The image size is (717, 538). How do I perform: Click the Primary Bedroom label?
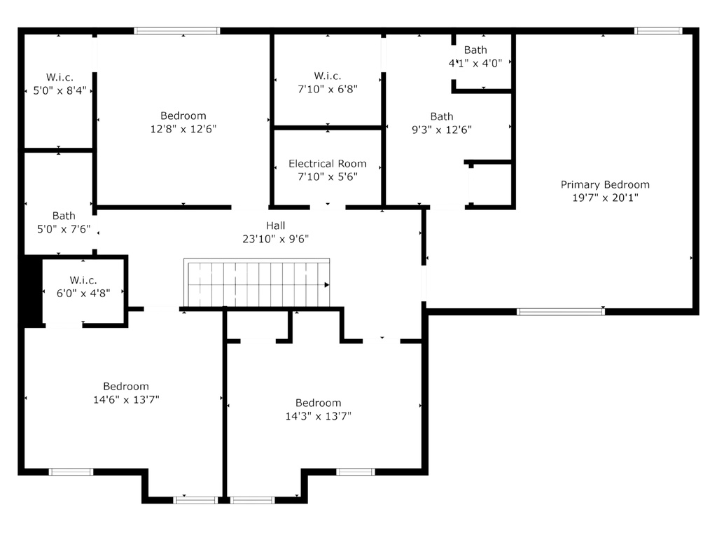(605, 185)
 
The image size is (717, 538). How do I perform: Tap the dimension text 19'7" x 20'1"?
(605, 198)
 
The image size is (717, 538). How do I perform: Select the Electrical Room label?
(328, 164)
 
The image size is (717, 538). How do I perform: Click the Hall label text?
(275, 226)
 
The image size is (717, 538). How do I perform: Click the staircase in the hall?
(256, 283)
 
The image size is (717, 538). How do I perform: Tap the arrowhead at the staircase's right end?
(326, 285)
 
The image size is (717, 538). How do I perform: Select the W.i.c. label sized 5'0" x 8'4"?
(60, 77)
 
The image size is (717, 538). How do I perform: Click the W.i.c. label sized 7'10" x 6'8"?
(328, 76)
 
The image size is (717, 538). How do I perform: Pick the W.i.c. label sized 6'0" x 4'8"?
(83, 280)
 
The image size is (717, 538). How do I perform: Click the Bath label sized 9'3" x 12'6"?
(442, 116)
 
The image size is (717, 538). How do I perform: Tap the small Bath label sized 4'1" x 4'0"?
(475, 50)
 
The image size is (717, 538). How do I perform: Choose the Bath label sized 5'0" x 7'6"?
(64, 216)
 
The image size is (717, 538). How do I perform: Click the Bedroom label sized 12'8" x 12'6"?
(183, 116)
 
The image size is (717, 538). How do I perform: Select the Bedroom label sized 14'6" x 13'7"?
(126, 386)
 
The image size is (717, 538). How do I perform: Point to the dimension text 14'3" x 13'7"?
(319, 416)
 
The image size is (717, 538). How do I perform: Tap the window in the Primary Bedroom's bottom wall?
(560, 312)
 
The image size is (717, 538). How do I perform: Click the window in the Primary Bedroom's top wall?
(658, 31)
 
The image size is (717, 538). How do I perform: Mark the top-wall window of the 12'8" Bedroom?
(177, 31)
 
